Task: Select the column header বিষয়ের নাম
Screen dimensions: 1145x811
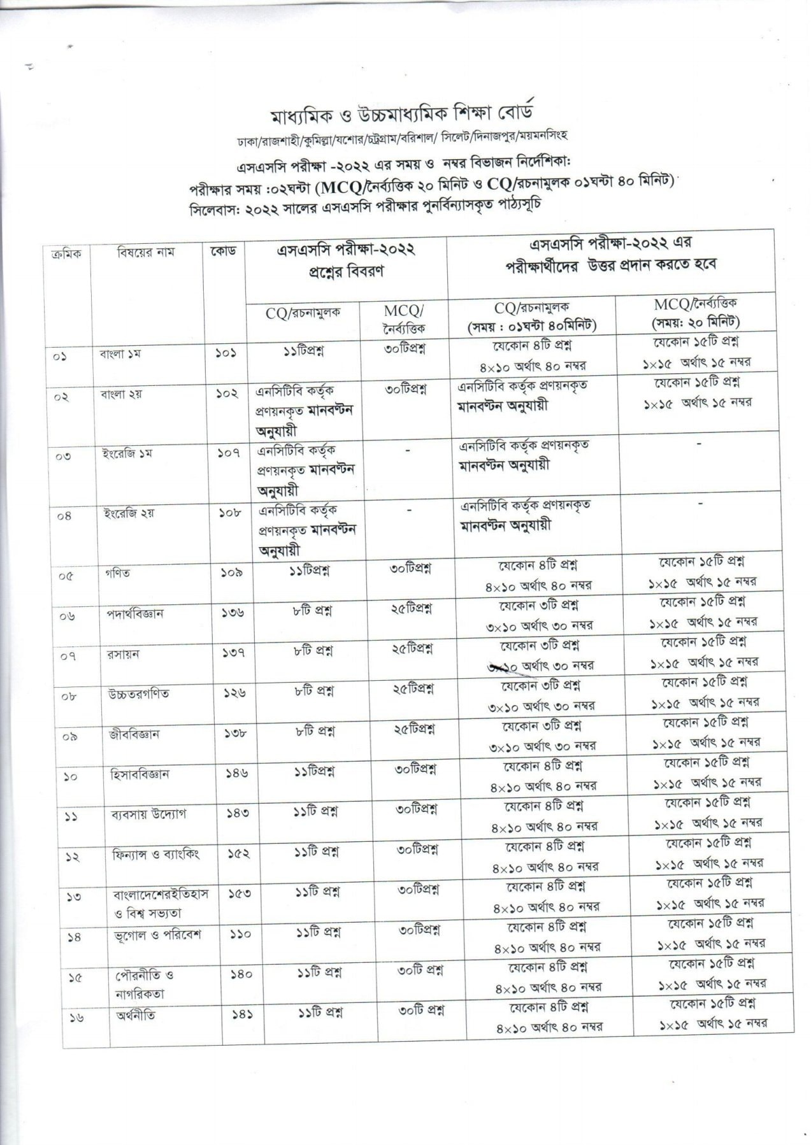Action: pyautogui.click(x=145, y=253)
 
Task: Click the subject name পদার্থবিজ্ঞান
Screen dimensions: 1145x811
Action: pyautogui.click(x=135, y=614)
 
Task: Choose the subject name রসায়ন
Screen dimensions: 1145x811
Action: pyautogui.click(x=124, y=654)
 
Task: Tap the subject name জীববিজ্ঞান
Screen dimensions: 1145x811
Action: pyautogui.click(x=134, y=734)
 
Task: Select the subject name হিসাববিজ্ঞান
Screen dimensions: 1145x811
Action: pyautogui.click(x=140, y=774)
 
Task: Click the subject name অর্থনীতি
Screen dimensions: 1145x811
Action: pyautogui.click(x=135, y=1015)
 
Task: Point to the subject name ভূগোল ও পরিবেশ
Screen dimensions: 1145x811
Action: pyautogui.click(x=156, y=935)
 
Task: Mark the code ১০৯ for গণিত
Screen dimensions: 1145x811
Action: pyautogui.click(x=228, y=572)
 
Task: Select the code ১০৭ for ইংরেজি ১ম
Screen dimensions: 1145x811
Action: pyautogui.click(x=227, y=453)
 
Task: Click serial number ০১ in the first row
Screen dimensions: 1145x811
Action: pyautogui.click(x=61, y=357)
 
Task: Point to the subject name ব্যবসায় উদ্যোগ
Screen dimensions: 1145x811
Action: pyautogui.click(x=149, y=814)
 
